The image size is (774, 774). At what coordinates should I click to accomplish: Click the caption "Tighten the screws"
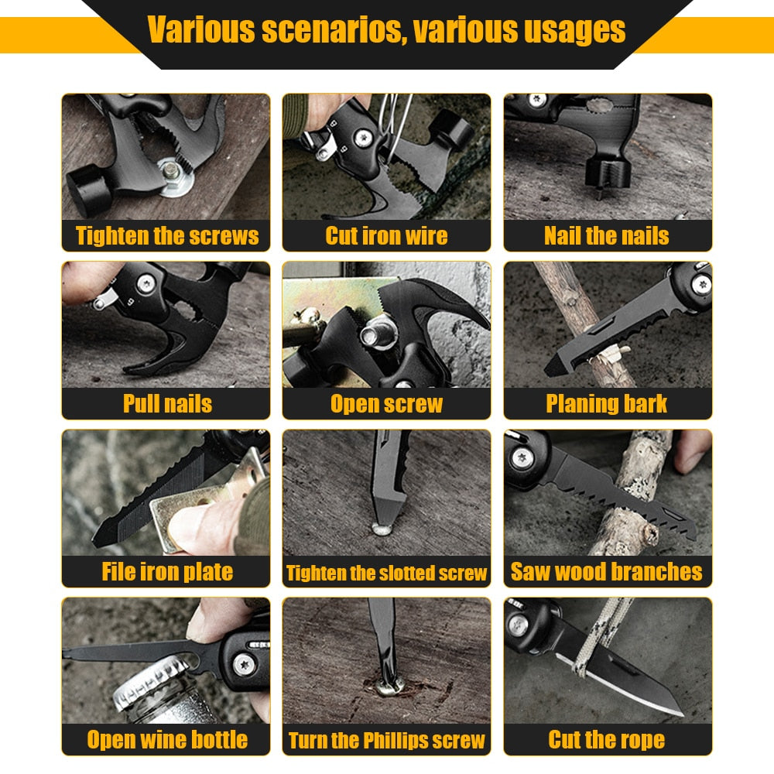tap(166, 236)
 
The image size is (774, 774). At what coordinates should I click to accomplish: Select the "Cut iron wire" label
tap(386, 236)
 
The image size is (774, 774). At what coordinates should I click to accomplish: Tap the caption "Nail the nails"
tap(607, 236)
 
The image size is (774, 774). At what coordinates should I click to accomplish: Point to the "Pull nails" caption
tap(166, 404)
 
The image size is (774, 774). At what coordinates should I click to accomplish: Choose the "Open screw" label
tap(386, 404)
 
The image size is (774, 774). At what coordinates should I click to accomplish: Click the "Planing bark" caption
tap(607, 404)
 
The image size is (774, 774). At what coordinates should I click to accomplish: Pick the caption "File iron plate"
tap(166, 572)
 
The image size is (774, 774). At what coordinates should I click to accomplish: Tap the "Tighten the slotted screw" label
tap(386, 574)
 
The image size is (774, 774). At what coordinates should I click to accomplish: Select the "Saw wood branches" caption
tap(607, 572)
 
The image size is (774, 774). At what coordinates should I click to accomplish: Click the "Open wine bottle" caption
tap(166, 740)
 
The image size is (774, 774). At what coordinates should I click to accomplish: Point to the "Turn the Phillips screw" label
tap(386, 741)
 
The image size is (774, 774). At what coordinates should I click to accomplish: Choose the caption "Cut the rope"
tap(607, 740)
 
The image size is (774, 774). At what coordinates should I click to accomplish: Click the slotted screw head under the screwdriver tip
tap(382, 529)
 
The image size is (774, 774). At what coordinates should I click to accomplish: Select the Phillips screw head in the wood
tap(386, 685)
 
